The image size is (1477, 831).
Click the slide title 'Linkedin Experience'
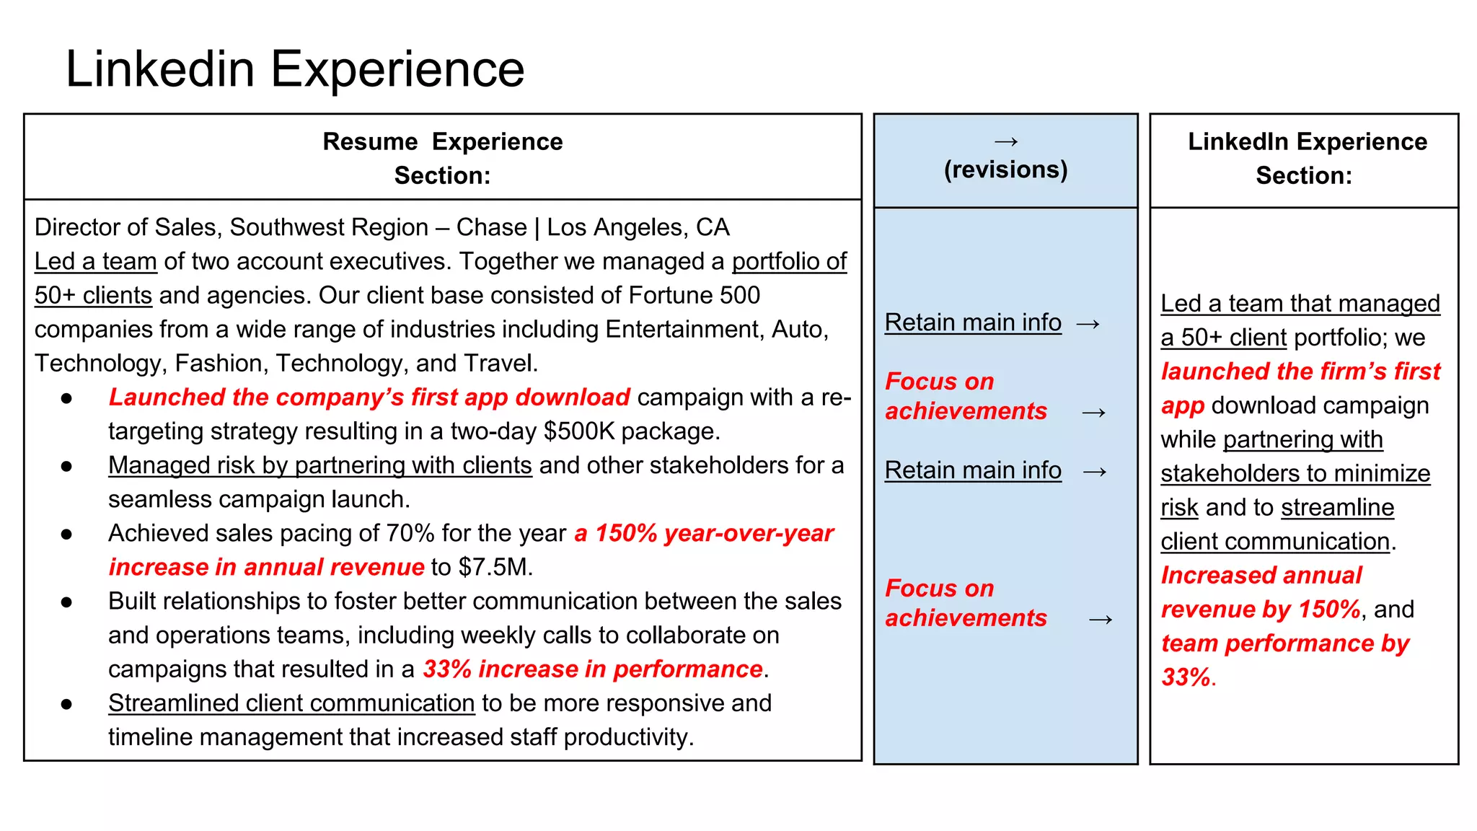pyautogui.click(x=294, y=69)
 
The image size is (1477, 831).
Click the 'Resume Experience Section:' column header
pyautogui.click(x=442, y=158)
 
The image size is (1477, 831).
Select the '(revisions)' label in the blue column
pyautogui.click(x=1005, y=170)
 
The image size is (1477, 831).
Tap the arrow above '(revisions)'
pyautogui.click(x=1005, y=141)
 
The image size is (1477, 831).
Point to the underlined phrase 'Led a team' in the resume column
pyautogui.click(x=95, y=261)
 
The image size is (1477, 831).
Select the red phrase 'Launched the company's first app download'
pyautogui.click(x=369, y=397)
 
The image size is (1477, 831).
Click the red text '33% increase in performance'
pyautogui.click(x=592, y=669)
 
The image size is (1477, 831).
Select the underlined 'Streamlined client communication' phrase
pyautogui.click(x=291, y=703)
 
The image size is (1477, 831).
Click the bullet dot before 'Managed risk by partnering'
pyautogui.click(x=66, y=466)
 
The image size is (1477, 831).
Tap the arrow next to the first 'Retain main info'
pyautogui.click(x=1088, y=323)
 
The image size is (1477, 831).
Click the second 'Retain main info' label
pyautogui.click(x=973, y=470)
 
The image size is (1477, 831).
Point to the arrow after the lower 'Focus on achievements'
pyautogui.click(x=1100, y=619)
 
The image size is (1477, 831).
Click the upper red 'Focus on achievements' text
pyautogui.click(x=965, y=396)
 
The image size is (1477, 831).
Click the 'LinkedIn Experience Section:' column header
pyautogui.click(x=1306, y=158)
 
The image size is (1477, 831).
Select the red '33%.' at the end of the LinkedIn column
pyautogui.click(x=1188, y=677)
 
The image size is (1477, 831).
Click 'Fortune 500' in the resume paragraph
pyautogui.click(x=694, y=295)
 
